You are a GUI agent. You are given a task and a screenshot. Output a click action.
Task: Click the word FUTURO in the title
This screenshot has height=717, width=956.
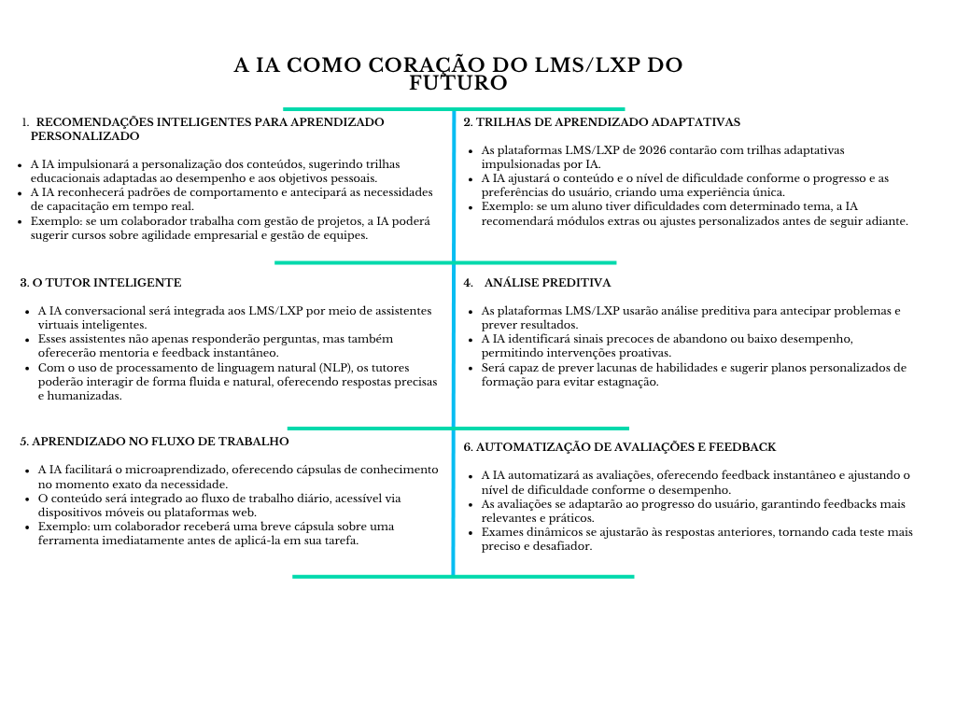tap(458, 83)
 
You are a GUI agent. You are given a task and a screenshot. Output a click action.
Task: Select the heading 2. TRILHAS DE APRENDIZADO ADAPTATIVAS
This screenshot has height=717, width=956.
tap(602, 122)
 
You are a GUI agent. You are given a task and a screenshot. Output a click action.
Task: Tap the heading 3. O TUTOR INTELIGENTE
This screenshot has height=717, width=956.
tap(101, 283)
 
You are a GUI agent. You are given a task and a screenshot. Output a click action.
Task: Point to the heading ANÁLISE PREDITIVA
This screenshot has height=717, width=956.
tap(547, 283)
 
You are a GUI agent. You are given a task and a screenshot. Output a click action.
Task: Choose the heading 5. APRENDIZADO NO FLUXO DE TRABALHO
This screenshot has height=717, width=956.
tap(154, 442)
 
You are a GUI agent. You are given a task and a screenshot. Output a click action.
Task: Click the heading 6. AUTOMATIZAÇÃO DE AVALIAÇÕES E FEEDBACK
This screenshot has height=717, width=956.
tap(620, 447)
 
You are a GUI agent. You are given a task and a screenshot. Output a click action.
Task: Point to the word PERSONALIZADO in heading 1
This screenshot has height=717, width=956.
tap(84, 136)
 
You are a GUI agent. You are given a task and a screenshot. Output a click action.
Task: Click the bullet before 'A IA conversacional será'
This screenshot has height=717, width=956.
tap(26, 312)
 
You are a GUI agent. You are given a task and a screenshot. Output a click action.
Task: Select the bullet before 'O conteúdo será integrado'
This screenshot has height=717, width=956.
tap(26, 499)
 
